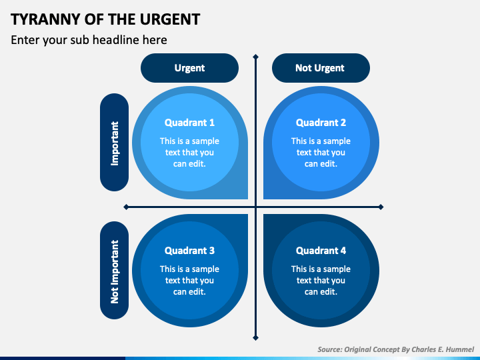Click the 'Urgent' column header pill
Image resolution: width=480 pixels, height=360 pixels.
click(x=189, y=68)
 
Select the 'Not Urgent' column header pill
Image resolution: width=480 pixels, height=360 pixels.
click(x=320, y=68)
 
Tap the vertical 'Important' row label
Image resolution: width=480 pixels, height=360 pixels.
click(x=115, y=143)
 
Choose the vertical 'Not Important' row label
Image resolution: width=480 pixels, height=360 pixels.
click(x=115, y=271)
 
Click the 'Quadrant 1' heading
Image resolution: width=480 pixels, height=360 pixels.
click(x=189, y=123)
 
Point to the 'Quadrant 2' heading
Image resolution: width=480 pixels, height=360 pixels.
click(x=321, y=123)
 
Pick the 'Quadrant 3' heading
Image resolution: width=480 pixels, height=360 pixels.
click(x=189, y=251)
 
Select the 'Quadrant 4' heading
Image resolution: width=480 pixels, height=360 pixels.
click(x=321, y=251)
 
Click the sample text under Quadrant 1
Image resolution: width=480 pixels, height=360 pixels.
click(x=189, y=152)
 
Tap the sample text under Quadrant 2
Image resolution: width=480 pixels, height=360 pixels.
click(x=321, y=152)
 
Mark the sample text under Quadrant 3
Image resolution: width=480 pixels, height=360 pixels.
click(x=189, y=280)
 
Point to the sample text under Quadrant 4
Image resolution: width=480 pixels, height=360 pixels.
click(x=321, y=280)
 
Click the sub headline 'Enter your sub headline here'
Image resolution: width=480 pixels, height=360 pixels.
click(x=89, y=40)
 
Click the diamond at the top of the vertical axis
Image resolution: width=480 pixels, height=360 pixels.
click(x=255, y=57)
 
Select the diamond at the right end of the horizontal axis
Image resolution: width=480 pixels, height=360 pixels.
click(x=381, y=207)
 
